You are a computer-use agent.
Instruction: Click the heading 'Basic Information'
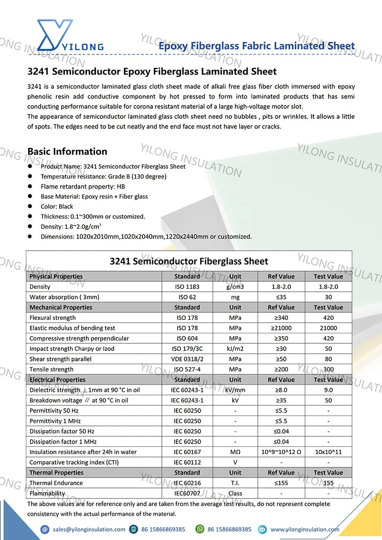(67, 151)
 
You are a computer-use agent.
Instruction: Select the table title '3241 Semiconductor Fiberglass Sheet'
(189, 261)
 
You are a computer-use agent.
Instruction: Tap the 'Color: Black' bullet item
(57, 207)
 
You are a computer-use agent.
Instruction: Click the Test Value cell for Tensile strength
(328, 369)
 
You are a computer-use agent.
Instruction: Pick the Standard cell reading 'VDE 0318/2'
(187, 359)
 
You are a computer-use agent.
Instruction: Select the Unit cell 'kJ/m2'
(235, 349)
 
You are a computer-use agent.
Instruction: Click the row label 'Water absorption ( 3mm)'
(60, 297)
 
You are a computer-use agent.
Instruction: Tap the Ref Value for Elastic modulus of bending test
(281, 328)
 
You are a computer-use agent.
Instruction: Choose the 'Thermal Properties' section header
(56, 473)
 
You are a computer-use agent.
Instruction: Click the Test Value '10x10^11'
(328, 452)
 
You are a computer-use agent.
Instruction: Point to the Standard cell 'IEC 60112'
(187, 462)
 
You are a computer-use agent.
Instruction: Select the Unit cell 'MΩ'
(235, 452)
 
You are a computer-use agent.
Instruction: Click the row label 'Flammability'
(47, 493)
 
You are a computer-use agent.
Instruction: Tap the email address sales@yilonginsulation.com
(89, 529)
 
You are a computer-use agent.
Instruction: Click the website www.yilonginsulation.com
(305, 529)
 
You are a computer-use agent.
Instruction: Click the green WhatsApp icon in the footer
(200, 529)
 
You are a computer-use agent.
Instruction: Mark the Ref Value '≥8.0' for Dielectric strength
(281, 390)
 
